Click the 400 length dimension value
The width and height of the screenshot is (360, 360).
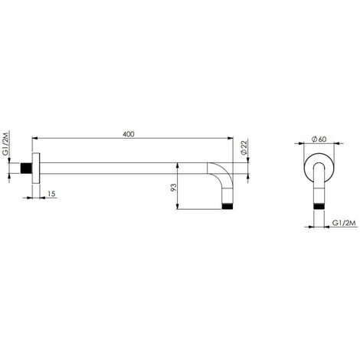[x=128, y=134]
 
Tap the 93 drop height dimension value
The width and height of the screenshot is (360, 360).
[x=174, y=188]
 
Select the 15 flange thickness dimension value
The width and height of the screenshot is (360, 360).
[x=51, y=194]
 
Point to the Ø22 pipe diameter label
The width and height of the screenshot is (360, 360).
[x=244, y=147]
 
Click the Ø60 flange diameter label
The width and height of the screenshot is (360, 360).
[x=319, y=139]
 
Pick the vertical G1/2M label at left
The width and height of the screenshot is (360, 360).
[x=5, y=143]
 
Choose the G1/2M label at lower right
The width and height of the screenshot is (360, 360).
[x=344, y=223]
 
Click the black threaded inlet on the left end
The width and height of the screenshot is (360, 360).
[x=26, y=168]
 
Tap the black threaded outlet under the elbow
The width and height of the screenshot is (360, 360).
[x=227, y=206]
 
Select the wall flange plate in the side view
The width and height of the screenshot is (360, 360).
[x=36, y=168]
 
